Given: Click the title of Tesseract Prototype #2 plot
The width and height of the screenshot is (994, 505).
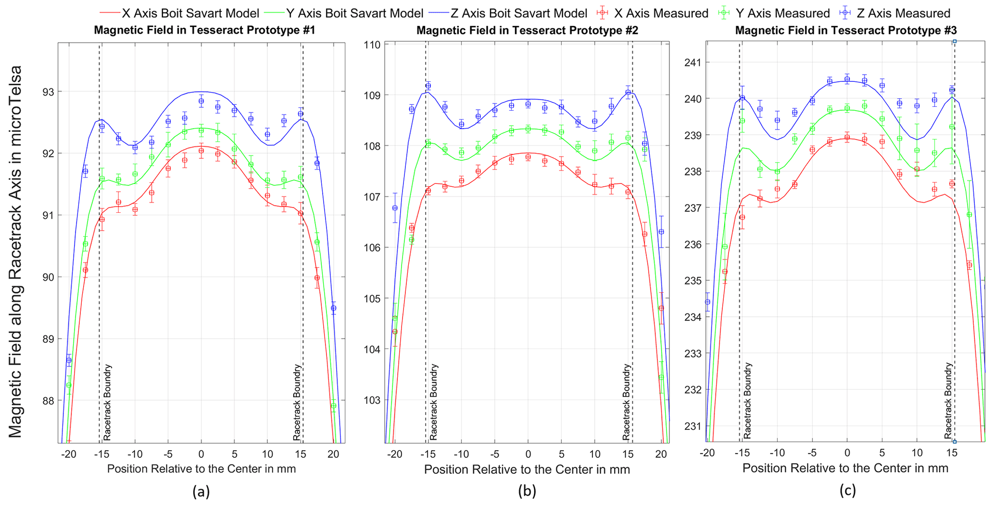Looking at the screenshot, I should pyautogui.click(x=527, y=30).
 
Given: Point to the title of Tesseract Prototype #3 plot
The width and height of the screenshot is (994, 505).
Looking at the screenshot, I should pyautogui.click(x=846, y=30).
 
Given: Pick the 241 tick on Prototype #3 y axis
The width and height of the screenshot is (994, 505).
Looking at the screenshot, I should pyautogui.click(x=694, y=63).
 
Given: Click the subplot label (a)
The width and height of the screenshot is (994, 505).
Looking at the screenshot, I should pyautogui.click(x=201, y=492).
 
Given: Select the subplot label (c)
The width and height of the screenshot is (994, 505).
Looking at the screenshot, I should pyautogui.click(x=847, y=491).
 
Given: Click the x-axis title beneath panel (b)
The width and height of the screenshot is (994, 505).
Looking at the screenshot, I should pyautogui.click(x=527, y=469).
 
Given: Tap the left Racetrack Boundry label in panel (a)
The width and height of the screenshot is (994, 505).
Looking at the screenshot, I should pyautogui.click(x=107, y=402).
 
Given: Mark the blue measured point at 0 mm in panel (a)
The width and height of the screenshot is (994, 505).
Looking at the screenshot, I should pyautogui.click(x=201, y=101).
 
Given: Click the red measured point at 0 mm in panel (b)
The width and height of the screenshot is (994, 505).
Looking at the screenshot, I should pyautogui.click(x=528, y=157).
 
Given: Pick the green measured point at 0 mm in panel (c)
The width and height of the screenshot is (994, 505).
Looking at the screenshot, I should pyautogui.click(x=847, y=108).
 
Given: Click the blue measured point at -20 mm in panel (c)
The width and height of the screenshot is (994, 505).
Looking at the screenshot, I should pyautogui.click(x=707, y=302).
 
